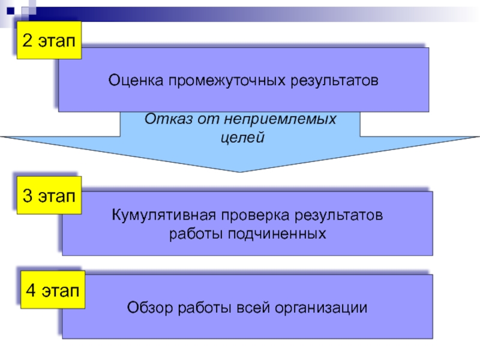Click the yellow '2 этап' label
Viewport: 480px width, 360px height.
pos(49,40)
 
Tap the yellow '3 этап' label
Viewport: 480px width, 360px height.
pos(49,196)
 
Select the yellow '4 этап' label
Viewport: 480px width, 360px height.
pos(53,290)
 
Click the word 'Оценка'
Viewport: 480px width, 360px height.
pos(136,80)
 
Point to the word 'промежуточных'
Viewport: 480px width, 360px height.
pos(227,81)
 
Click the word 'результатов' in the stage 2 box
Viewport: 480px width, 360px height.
pos(334,81)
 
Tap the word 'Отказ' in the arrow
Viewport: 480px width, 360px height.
pos(169,119)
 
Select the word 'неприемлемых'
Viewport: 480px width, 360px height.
pos(280,119)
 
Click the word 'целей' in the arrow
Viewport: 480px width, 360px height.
pos(242,137)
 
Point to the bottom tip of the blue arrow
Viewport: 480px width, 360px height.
pos(239,172)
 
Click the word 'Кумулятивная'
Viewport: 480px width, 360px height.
pos(164,215)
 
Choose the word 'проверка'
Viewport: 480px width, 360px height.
pos(256,215)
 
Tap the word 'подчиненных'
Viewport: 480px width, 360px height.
pos(277,234)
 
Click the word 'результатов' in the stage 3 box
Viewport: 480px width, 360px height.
pos(338,215)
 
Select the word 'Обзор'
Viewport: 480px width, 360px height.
pos(150,307)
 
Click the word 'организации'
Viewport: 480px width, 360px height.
pos(321,308)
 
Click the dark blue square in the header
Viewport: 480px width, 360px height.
pos(10,11)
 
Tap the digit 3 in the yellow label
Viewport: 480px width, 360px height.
pos(27,196)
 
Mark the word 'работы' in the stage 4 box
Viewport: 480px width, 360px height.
pos(205,308)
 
